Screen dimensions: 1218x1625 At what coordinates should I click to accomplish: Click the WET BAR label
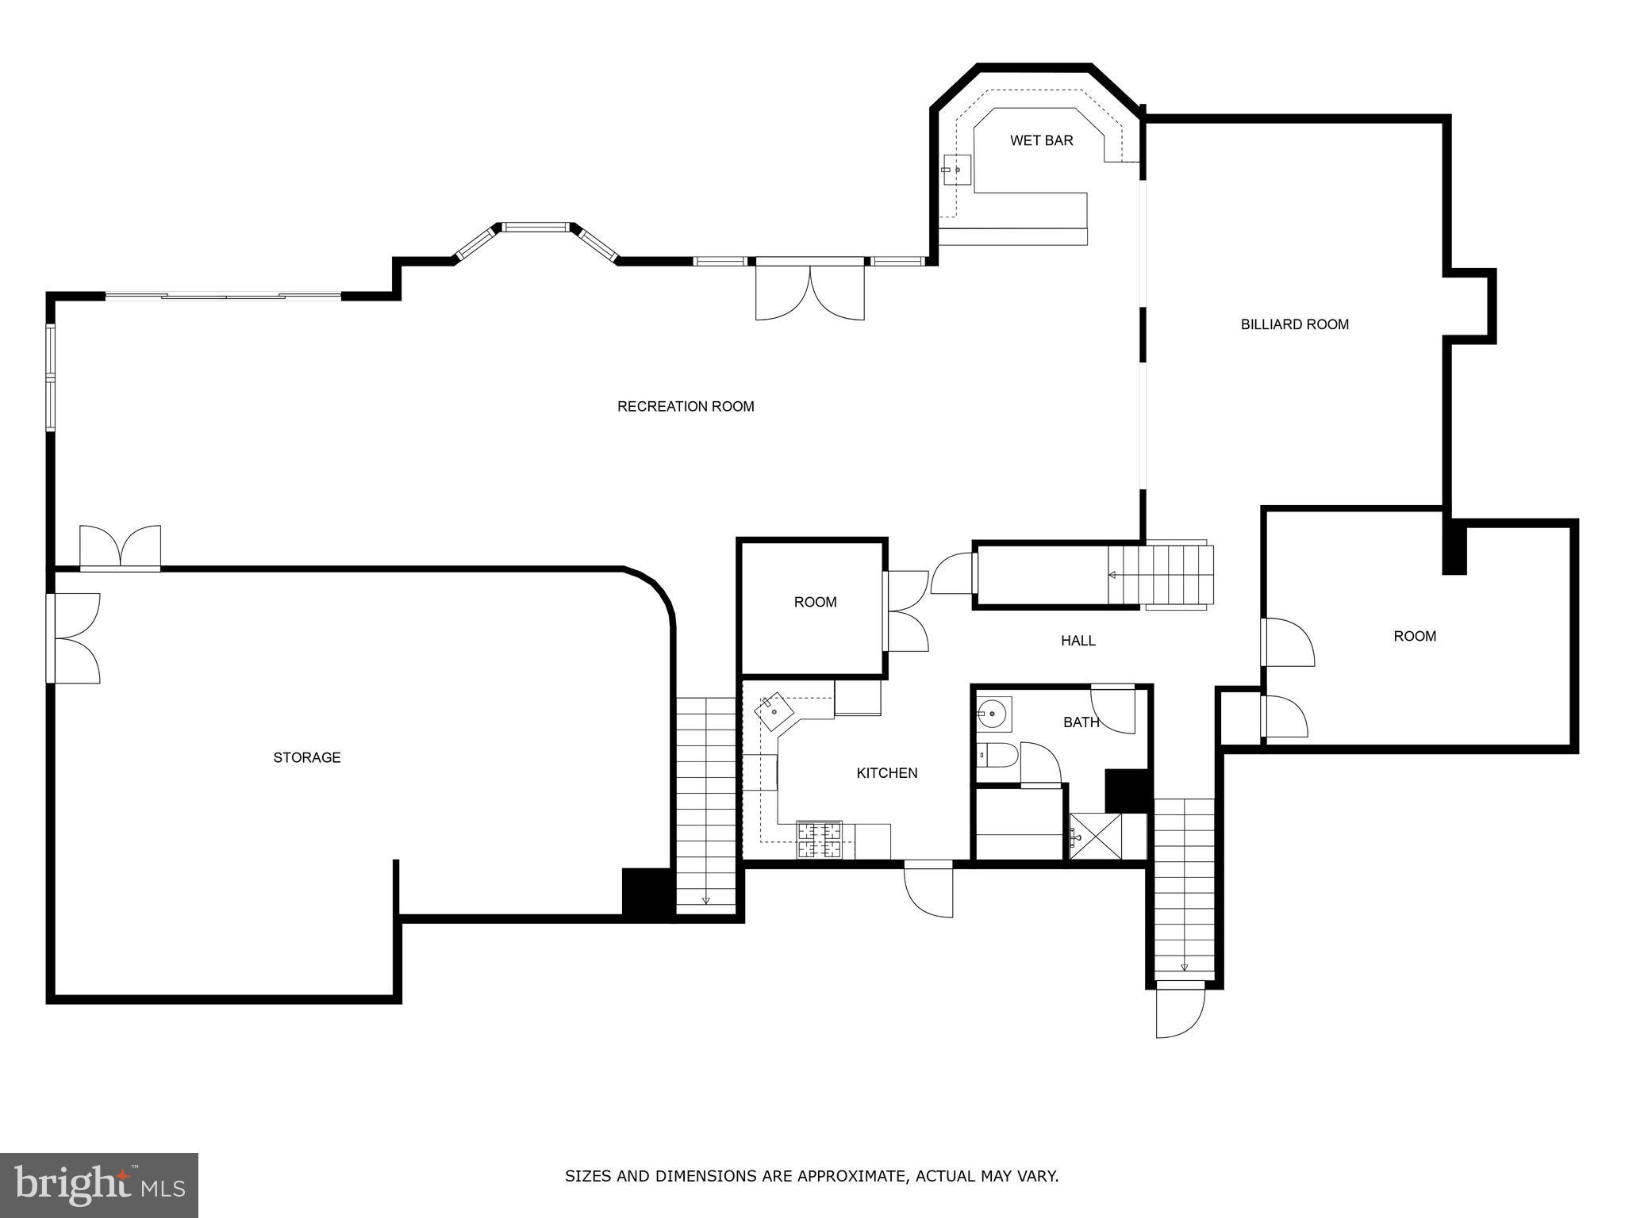click(1041, 140)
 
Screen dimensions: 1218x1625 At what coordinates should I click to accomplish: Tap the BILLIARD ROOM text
click(1294, 324)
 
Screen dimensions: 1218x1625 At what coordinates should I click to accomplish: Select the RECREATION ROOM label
click(686, 407)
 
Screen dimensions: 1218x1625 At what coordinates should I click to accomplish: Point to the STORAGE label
click(307, 758)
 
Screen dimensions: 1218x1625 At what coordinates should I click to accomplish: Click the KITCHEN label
click(886, 773)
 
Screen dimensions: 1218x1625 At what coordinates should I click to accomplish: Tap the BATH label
click(1081, 722)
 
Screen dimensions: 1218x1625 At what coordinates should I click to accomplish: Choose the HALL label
click(1078, 641)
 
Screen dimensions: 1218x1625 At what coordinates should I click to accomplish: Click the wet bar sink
click(956, 170)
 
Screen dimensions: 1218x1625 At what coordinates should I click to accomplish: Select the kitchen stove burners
click(819, 841)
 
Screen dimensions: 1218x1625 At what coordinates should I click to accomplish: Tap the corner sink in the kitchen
click(774, 711)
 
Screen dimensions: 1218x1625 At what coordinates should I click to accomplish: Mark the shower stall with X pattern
click(1095, 836)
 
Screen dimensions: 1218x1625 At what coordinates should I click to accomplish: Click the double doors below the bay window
click(809, 291)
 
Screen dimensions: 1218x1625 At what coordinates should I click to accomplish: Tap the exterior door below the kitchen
click(929, 888)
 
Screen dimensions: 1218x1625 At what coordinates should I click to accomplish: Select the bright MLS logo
click(99, 1185)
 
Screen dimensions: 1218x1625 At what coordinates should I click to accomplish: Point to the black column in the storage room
click(647, 894)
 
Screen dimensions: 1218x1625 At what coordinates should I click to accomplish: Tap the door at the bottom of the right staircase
click(1180, 1009)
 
